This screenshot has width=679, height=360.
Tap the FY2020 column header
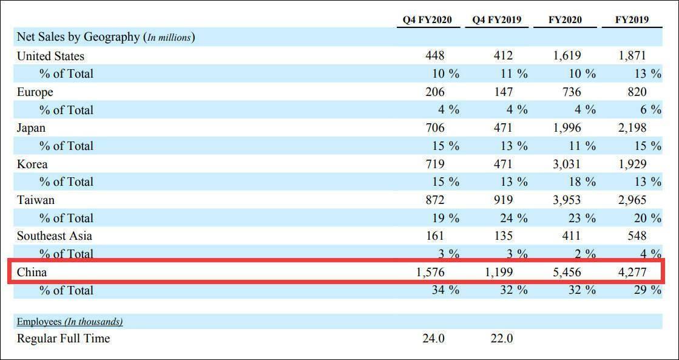[565, 19]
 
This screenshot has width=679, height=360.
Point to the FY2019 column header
[632, 19]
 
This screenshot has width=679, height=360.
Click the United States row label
[50, 56]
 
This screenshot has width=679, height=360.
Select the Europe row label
[35, 92]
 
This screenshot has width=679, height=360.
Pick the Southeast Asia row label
[55, 236]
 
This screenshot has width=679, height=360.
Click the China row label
[32, 273]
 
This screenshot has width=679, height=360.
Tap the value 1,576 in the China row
[431, 273]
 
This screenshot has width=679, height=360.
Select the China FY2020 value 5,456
[567, 273]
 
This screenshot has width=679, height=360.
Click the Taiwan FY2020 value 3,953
[567, 200]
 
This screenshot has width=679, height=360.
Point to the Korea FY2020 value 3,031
[567, 164]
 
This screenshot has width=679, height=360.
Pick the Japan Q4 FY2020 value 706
[435, 128]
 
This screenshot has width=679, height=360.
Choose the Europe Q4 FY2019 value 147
[502, 92]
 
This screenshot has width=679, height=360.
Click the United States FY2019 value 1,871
[633, 56]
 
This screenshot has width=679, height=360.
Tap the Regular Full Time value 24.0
[433, 339]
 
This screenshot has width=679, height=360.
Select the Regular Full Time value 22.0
[501, 339]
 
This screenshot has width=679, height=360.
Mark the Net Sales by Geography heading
[78, 38]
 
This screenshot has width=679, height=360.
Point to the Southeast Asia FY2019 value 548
[637, 236]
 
